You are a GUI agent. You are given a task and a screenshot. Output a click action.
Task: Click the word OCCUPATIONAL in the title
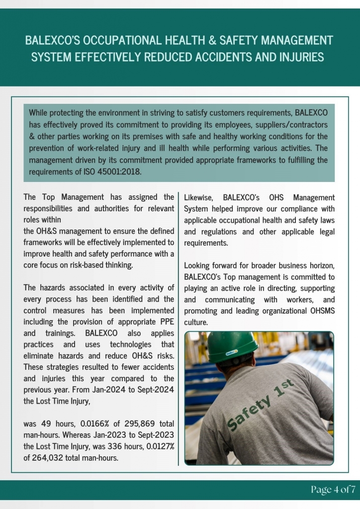click(x=124, y=40)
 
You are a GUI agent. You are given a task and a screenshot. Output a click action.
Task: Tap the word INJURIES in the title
click(x=297, y=57)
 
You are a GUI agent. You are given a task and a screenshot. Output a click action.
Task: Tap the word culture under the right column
click(x=196, y=322)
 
